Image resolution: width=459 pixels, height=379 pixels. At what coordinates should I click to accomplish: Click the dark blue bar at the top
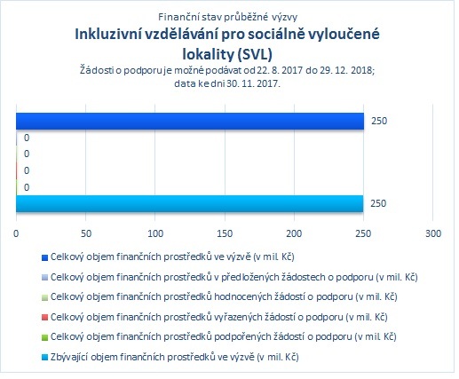(x=190, y=121)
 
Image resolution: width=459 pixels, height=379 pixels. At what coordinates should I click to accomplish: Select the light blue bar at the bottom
(x=190, y=203)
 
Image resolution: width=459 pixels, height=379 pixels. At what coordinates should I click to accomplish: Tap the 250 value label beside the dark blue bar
(x=379, y=121)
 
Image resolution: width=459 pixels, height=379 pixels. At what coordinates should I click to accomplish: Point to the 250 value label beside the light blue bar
(x=378, y=203)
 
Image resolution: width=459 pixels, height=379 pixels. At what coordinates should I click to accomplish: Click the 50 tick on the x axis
(x=86, y=233)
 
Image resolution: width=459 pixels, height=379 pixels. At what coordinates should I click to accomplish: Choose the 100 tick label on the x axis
(x=155, y=233)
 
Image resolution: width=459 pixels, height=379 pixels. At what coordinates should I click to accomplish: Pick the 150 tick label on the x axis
(x=225, y=233)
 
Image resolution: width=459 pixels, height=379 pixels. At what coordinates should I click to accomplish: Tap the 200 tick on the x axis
(x=294, y=233)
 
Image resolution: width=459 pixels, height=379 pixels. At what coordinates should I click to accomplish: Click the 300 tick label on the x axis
(x=433, y=233)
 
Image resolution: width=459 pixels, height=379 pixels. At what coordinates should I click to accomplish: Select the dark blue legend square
(x=44, y=257)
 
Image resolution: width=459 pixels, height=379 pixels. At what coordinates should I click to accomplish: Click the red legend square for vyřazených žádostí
(x=44, y=318)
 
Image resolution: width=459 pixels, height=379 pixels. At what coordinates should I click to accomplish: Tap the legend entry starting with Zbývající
(x=175, y=357)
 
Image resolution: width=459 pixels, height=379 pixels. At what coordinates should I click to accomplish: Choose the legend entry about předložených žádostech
(x=234, y=277)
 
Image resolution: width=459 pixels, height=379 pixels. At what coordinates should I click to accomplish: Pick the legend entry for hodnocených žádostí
(x=224, y=296)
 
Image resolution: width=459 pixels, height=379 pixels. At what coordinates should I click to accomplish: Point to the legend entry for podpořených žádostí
(x=224, y=336)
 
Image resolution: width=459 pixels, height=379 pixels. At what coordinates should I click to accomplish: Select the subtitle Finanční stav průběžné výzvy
(x=227, y=17)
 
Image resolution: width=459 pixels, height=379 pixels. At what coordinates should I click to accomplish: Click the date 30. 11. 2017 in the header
(x=253, y=83)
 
